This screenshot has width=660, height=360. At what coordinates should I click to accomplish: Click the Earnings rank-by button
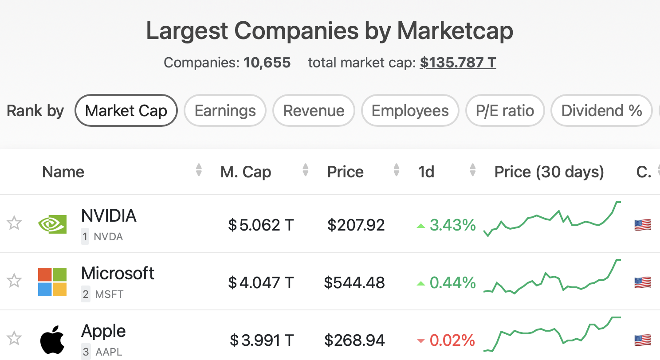coord(225,110)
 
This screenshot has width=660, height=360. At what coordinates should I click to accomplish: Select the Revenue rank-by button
coord(314,110)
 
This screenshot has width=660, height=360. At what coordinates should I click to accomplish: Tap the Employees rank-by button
coord(410,110)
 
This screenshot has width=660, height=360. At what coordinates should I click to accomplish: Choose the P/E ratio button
coord(505,110)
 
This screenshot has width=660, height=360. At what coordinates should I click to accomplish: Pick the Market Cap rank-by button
coord(126,110)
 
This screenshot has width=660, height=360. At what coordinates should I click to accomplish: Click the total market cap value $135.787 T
coord(458,63)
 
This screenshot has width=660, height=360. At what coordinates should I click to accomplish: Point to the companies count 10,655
coord(267,63)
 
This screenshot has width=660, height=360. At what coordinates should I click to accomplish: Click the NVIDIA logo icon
coord(52,224)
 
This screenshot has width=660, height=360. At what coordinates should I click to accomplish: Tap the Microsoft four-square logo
coord(52,282)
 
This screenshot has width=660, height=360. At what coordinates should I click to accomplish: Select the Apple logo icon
coord(52,340)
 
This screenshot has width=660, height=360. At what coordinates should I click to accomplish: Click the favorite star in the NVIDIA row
coord(14,223)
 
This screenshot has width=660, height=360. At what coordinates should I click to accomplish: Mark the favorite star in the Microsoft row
coord(14,281)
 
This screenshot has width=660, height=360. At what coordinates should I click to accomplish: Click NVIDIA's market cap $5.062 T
coord(261,225)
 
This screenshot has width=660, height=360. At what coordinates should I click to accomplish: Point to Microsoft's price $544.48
coord(354,283)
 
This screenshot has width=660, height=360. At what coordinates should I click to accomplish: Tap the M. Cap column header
coord(246,172)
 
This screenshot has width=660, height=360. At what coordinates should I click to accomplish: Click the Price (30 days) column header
coord(549,172)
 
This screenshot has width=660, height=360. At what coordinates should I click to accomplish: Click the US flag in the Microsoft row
coord(643,282)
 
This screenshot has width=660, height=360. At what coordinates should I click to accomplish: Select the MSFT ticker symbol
coord(109,294)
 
